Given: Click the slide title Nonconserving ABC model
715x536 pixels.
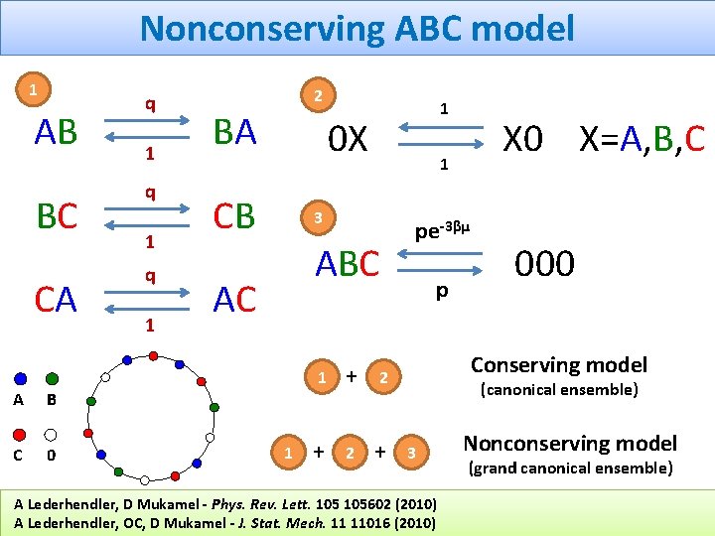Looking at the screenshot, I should pyautogui.click(x=357, y=28).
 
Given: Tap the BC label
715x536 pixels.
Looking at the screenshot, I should pyautogui.click(x=56, y=215).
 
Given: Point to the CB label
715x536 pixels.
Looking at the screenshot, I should pyautogui.click(x=234, y=215).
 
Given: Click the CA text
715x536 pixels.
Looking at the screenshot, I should pyautogui.click(x=56, y=298).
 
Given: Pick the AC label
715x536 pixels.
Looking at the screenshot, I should pyautogui.click(x=234, y=298).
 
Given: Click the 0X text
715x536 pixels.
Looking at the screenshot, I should pyautogui.click(x=349, y=140).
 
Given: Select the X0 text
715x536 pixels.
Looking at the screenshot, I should pyautogui.click(x=522, y=140).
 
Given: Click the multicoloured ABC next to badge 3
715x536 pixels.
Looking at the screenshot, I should pyautogui.click(x=347, y=264).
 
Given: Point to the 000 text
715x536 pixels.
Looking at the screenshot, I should pyautogui.click(x=544, y=264).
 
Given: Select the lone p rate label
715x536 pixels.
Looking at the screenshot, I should pyautogui.click(x=442, y=292).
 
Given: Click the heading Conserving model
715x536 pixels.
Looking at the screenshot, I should pyautogui.click(x=558, y=365).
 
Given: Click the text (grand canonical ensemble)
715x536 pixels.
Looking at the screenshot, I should pyautogui.click(x=570, y=468).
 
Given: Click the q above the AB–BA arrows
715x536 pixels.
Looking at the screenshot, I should pyautogui.click(x=150, y=103).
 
